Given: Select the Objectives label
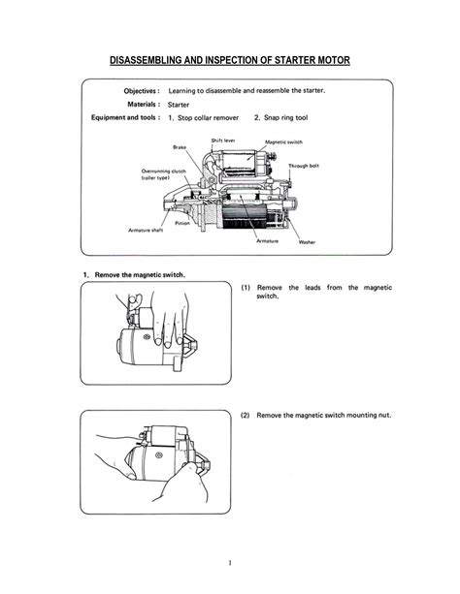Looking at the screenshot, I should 135,91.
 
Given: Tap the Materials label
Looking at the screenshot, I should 137,105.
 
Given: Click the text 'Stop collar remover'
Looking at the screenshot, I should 209,118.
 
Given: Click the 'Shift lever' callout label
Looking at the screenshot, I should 224,141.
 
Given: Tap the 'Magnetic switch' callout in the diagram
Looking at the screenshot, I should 288,141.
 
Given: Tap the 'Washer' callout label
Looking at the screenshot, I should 306,241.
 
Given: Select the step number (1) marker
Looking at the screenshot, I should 246,288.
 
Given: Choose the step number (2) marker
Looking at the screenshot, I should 246,415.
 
